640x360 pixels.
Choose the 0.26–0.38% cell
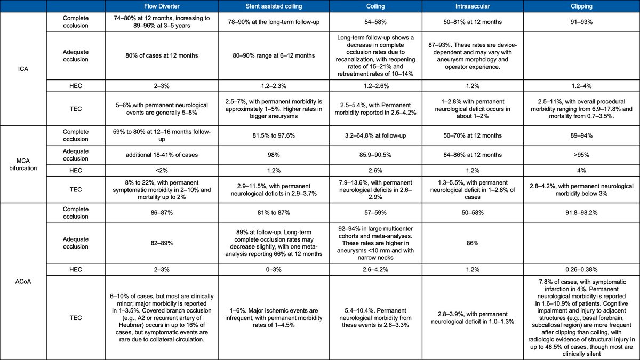[581, 269]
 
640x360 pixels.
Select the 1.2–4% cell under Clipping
[581, 84]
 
